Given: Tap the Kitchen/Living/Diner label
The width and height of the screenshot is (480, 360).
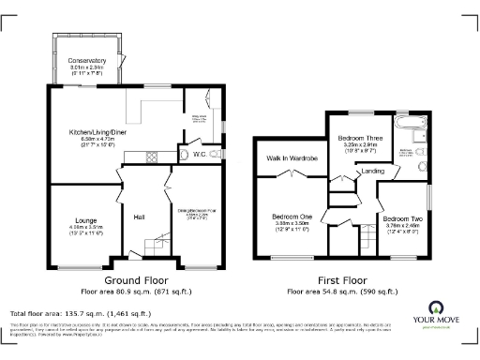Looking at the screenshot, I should tap(93, 132).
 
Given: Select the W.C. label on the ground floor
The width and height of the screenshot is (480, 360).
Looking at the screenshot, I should tap(199, 155).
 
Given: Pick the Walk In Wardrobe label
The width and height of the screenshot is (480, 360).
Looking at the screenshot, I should tap(292, 158).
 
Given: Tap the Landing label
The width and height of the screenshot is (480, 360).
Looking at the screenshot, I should tap(372, 172).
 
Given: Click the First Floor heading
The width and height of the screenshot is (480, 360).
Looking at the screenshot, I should tap(346, 279).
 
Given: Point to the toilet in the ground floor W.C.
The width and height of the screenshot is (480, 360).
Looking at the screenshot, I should tap(217, 155).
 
